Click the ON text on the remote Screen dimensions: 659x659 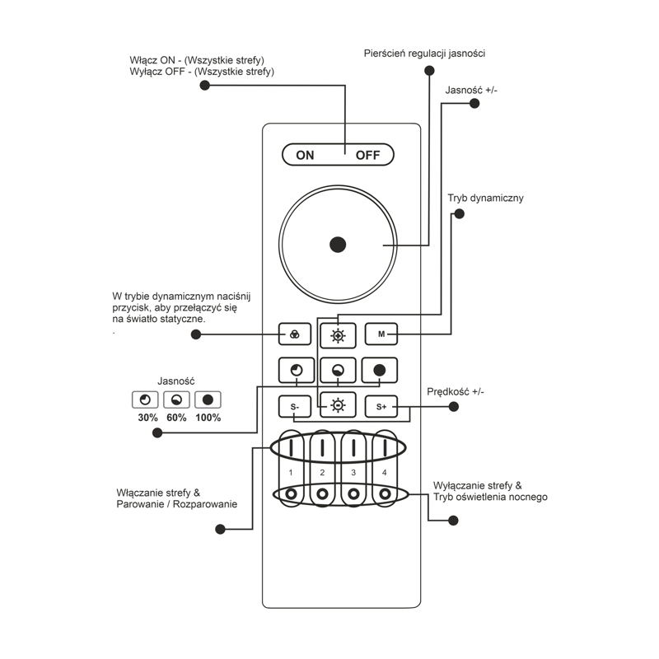(x=305, y=155)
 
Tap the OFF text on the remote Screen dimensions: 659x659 (x=367, y=155)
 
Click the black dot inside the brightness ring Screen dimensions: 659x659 (x=338, y=245)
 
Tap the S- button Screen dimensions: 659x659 (x=295, y=406)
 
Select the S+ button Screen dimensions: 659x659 (x=381, y=406)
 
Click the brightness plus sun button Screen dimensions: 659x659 (x=338, y=335)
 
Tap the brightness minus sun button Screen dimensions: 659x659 (x=338, y=404)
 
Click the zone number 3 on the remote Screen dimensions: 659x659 (x=353, y=472)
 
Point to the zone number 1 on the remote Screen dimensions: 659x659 (x=291, y=472)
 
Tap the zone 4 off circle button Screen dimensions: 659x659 (x=385, y=493)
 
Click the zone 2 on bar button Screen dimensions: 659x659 (x=322, y=448)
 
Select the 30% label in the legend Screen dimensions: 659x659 (x=147, y=418)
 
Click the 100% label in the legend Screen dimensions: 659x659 (x=208, y=418)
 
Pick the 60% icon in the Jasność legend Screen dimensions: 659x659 (x=176, y=400)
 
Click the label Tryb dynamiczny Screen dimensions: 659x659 (x=485, y=198)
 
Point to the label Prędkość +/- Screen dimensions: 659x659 (x=456, y=392)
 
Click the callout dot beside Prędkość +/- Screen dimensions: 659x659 (x=454, y=406)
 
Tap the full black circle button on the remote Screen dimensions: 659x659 (x=380, y=370)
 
